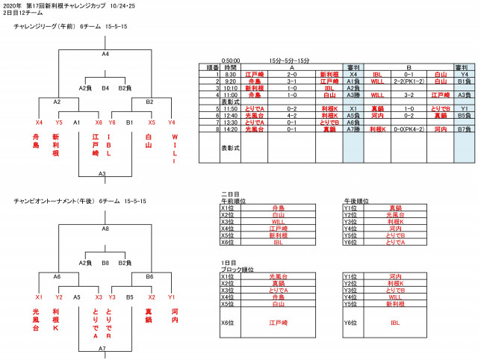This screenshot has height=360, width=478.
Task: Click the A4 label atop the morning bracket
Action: coord(105,55)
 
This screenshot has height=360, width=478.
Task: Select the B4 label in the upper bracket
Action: coord(105,88)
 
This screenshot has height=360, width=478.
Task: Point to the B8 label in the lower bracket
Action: coord(105,263)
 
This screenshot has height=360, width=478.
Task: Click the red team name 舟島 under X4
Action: coord(37,141)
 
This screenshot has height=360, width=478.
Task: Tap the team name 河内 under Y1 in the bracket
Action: coord(174,316)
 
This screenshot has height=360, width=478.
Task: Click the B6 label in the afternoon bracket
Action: coord(149,276)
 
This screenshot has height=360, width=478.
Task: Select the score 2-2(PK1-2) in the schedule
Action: coord(409,81)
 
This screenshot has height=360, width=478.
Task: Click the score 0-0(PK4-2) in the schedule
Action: coord(409,128)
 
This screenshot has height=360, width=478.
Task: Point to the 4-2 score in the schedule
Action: coord(293,115)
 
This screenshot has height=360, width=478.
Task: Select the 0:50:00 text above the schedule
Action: coord(231,60)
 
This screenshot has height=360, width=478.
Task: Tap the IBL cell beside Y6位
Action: coord(394,323)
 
